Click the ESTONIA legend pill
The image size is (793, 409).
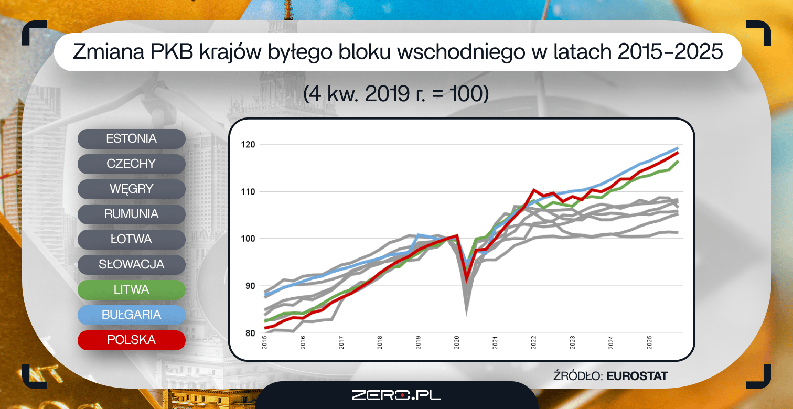[131, 138]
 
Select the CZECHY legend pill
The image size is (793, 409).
[131, 164]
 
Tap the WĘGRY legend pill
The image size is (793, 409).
[131, 189]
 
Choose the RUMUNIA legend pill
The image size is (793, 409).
[131, 214]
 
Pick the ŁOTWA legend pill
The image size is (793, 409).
[131, 239]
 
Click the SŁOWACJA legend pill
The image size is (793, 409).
[131, 264]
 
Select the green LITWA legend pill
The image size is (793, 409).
[131, 290]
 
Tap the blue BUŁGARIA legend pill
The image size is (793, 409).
[131, 315]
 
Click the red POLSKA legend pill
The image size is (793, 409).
[131, 340]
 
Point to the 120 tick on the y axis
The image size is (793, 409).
[248, 144]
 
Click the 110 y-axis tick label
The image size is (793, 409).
[248, 192]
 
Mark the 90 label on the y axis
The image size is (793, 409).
[250, 286]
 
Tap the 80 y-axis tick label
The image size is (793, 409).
[250, 333]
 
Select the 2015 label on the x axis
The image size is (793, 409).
[264, 343]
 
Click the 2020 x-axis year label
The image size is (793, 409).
[457, 343]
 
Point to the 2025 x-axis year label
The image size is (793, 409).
[649, 343]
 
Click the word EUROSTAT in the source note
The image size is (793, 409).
[637, 376]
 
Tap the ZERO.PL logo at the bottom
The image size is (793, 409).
[396, 395]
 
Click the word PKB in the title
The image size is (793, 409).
[172, 52]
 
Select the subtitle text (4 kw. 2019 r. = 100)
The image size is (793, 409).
[396, 94]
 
